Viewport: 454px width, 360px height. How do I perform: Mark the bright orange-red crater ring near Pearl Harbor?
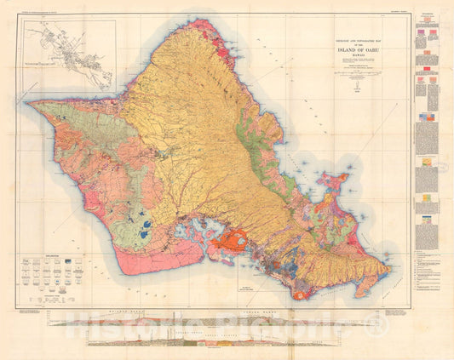pyautogui.click(x=229, y=242)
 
